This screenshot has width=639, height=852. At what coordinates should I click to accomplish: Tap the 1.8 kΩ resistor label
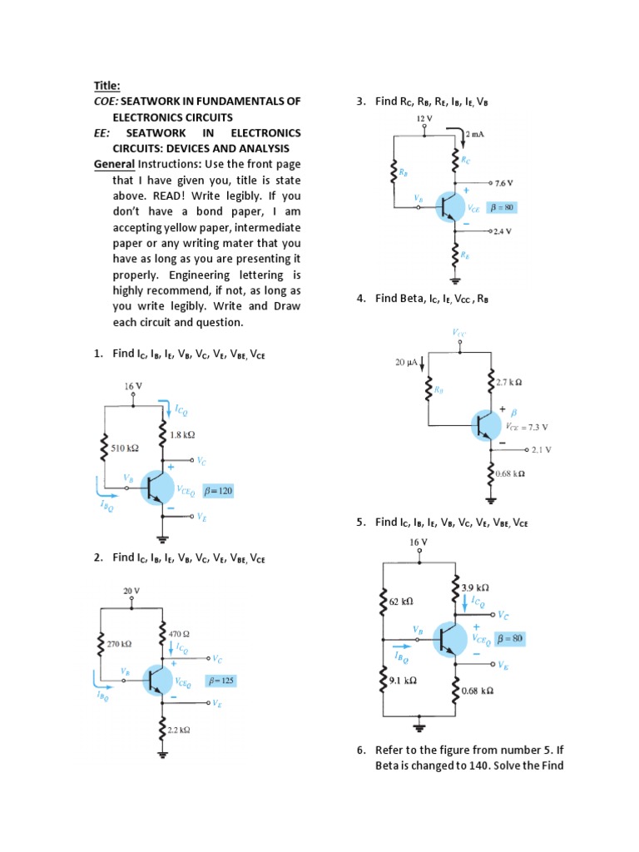click(182, 434)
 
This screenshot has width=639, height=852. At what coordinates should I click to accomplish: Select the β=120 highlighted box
click(218, 491)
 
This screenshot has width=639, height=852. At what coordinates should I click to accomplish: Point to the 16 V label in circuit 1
click(133, 386)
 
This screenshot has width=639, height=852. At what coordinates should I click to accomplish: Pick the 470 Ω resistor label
click(180, 633)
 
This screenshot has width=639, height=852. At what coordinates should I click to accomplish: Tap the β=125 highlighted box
click(221, 681)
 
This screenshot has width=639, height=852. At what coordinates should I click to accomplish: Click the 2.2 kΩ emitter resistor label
click(179, 730)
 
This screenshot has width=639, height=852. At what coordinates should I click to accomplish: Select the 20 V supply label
click(131, 590)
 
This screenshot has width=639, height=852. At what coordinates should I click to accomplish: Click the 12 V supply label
click(424, 119)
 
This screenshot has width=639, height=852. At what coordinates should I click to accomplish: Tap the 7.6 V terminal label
click(503, 182)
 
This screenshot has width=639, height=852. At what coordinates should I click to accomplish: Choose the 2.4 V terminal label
click(501, 231)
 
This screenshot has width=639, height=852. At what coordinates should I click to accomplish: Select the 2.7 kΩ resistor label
click(508, 383)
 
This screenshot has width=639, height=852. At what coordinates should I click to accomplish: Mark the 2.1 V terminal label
click(542, 449)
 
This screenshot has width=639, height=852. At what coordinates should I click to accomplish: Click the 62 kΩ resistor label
click(401, 599)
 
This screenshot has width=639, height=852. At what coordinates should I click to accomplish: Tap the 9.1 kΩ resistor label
click(403, 680)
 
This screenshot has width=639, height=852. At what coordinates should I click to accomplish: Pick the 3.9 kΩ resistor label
click(475, 587)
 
